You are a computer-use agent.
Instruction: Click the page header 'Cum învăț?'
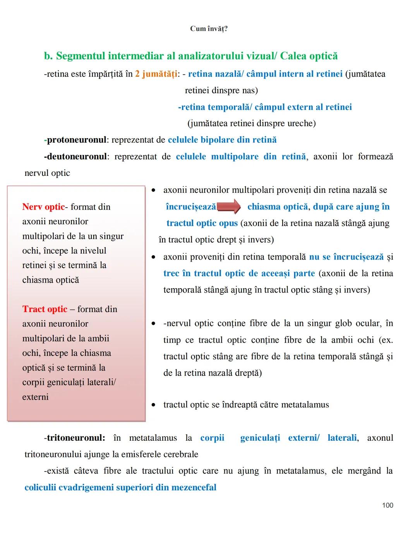(x=209, y=29)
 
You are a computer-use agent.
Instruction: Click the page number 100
(x=387, y=505)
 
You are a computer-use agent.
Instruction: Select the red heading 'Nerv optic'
(x=43, y=207)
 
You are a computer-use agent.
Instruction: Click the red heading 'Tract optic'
(x=45, y=309)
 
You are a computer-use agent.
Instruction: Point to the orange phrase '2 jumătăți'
(x=156, y=74)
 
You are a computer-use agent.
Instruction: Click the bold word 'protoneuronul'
(x=77, y=140)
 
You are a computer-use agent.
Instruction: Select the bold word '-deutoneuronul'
(x=75, y=156)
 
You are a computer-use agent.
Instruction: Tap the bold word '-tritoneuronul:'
(x=74, y=438)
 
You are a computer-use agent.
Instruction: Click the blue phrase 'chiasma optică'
(x=278, y=206)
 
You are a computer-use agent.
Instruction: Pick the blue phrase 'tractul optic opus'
(x=202, y=223)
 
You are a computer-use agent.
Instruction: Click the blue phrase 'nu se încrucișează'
(x=346, y=257)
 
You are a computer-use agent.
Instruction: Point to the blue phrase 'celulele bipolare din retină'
(x=222, y=140)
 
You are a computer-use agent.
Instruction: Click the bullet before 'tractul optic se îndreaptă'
(x=154, y=405)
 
